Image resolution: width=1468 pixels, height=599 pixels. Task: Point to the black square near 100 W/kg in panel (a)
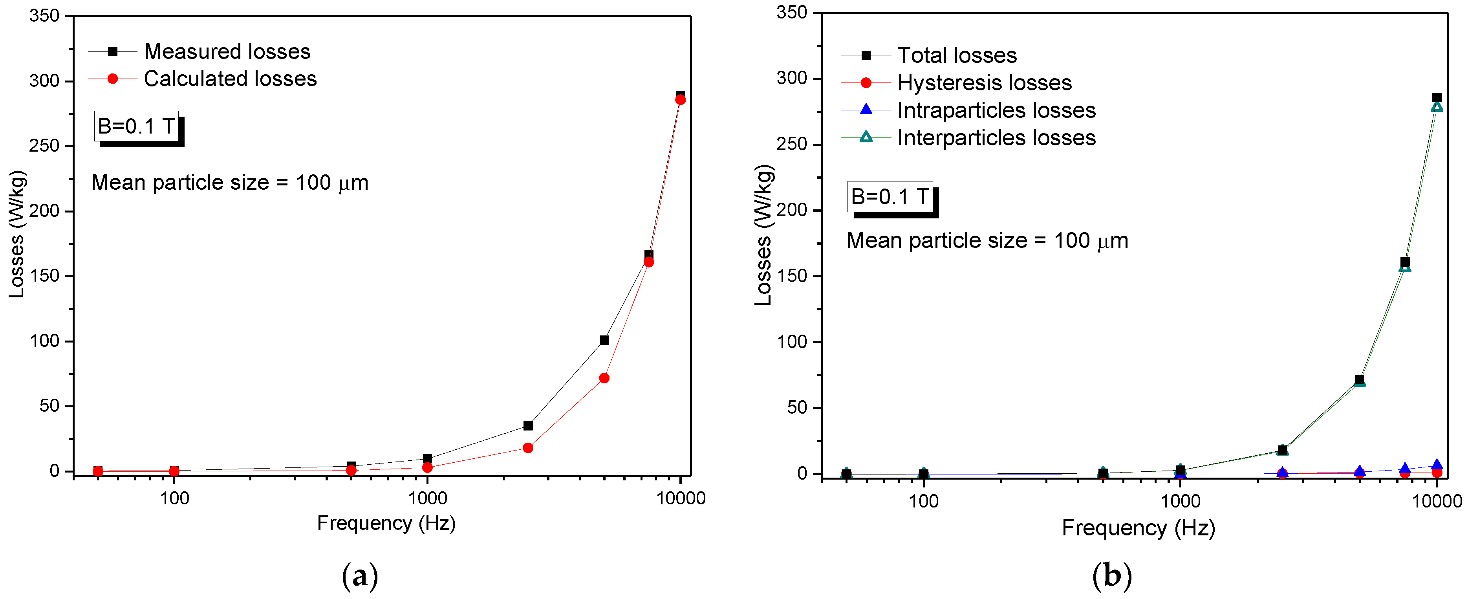[604, 340]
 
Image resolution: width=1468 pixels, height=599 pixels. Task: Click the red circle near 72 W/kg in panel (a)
[604, 378]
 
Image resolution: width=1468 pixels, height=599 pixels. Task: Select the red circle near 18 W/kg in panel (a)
[528, 448]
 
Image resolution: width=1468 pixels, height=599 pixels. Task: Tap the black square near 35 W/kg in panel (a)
[528, 426]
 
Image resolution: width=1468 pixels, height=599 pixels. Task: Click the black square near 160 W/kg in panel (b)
[1405, 262]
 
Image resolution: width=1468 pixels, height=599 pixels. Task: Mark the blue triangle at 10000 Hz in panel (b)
[1437, 465]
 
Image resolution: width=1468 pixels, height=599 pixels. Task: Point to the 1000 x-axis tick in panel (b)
[1180, 502]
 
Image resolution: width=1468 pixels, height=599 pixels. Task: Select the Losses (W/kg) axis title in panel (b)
[763, 235]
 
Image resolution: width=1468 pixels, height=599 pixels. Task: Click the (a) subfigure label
[360, 576]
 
